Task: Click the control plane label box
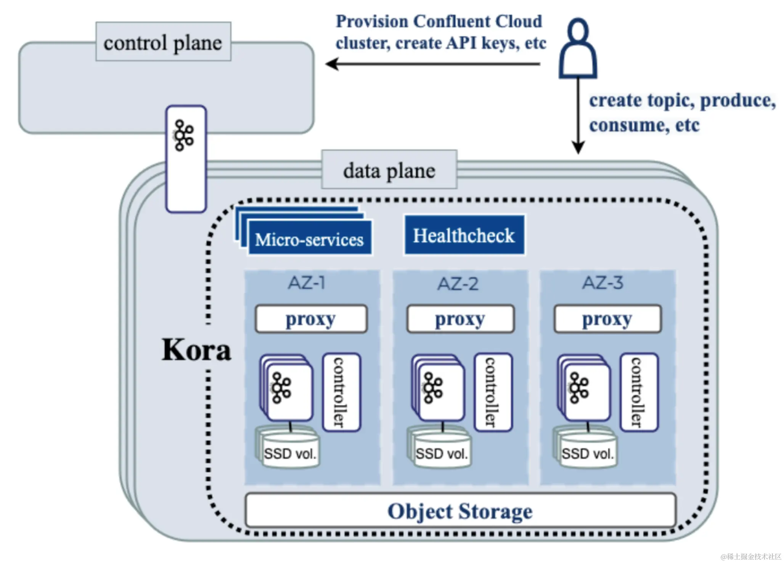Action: tap(163, 42)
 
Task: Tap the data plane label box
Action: tap(389, 170)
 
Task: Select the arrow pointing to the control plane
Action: tap(433, 64)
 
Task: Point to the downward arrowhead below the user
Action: tap(578, 147)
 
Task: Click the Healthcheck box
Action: tap(464, 235)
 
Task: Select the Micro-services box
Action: tap(309, 239)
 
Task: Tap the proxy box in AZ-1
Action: tap(311, 319)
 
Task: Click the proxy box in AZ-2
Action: tap(460, 319)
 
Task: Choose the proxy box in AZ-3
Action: tap(607, 319)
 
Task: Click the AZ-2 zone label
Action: tap(458, 284)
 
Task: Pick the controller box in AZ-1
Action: tap(341, 392)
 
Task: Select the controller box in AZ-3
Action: tap(639, 392)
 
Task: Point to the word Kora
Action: tap(196, 350)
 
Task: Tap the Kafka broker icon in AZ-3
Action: tap(579, 388)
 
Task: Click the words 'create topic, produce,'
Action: tap(682, 101)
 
